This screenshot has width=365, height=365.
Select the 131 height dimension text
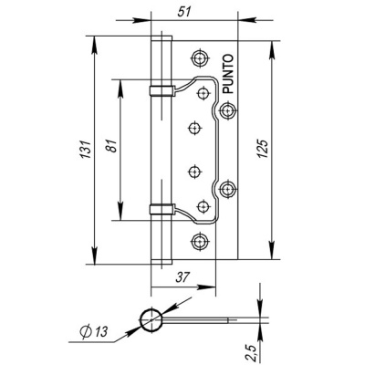86,149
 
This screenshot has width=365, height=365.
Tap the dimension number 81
112,146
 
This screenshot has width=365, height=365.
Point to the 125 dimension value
263,149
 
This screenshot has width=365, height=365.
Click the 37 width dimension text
182,276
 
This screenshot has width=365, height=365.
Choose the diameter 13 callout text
94,331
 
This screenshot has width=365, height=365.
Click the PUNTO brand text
228,74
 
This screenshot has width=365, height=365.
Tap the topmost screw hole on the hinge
200,57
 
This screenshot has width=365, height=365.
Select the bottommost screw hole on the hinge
200,242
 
